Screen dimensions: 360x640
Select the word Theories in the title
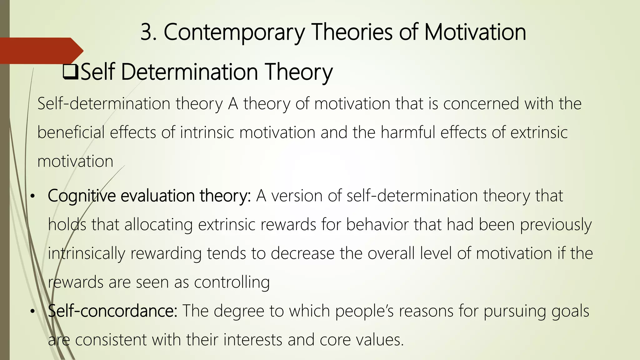(x=352, y=32)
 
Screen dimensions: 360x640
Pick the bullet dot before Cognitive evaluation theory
(x=32, y=197)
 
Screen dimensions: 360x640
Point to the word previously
(x=556, y=225)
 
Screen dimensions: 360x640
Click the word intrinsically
(x=86, y=253)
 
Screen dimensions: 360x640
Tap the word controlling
(x=232, y=282)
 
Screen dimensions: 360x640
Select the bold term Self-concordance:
(x=112, y=311)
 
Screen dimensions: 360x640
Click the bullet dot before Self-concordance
(x=32, y=312)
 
